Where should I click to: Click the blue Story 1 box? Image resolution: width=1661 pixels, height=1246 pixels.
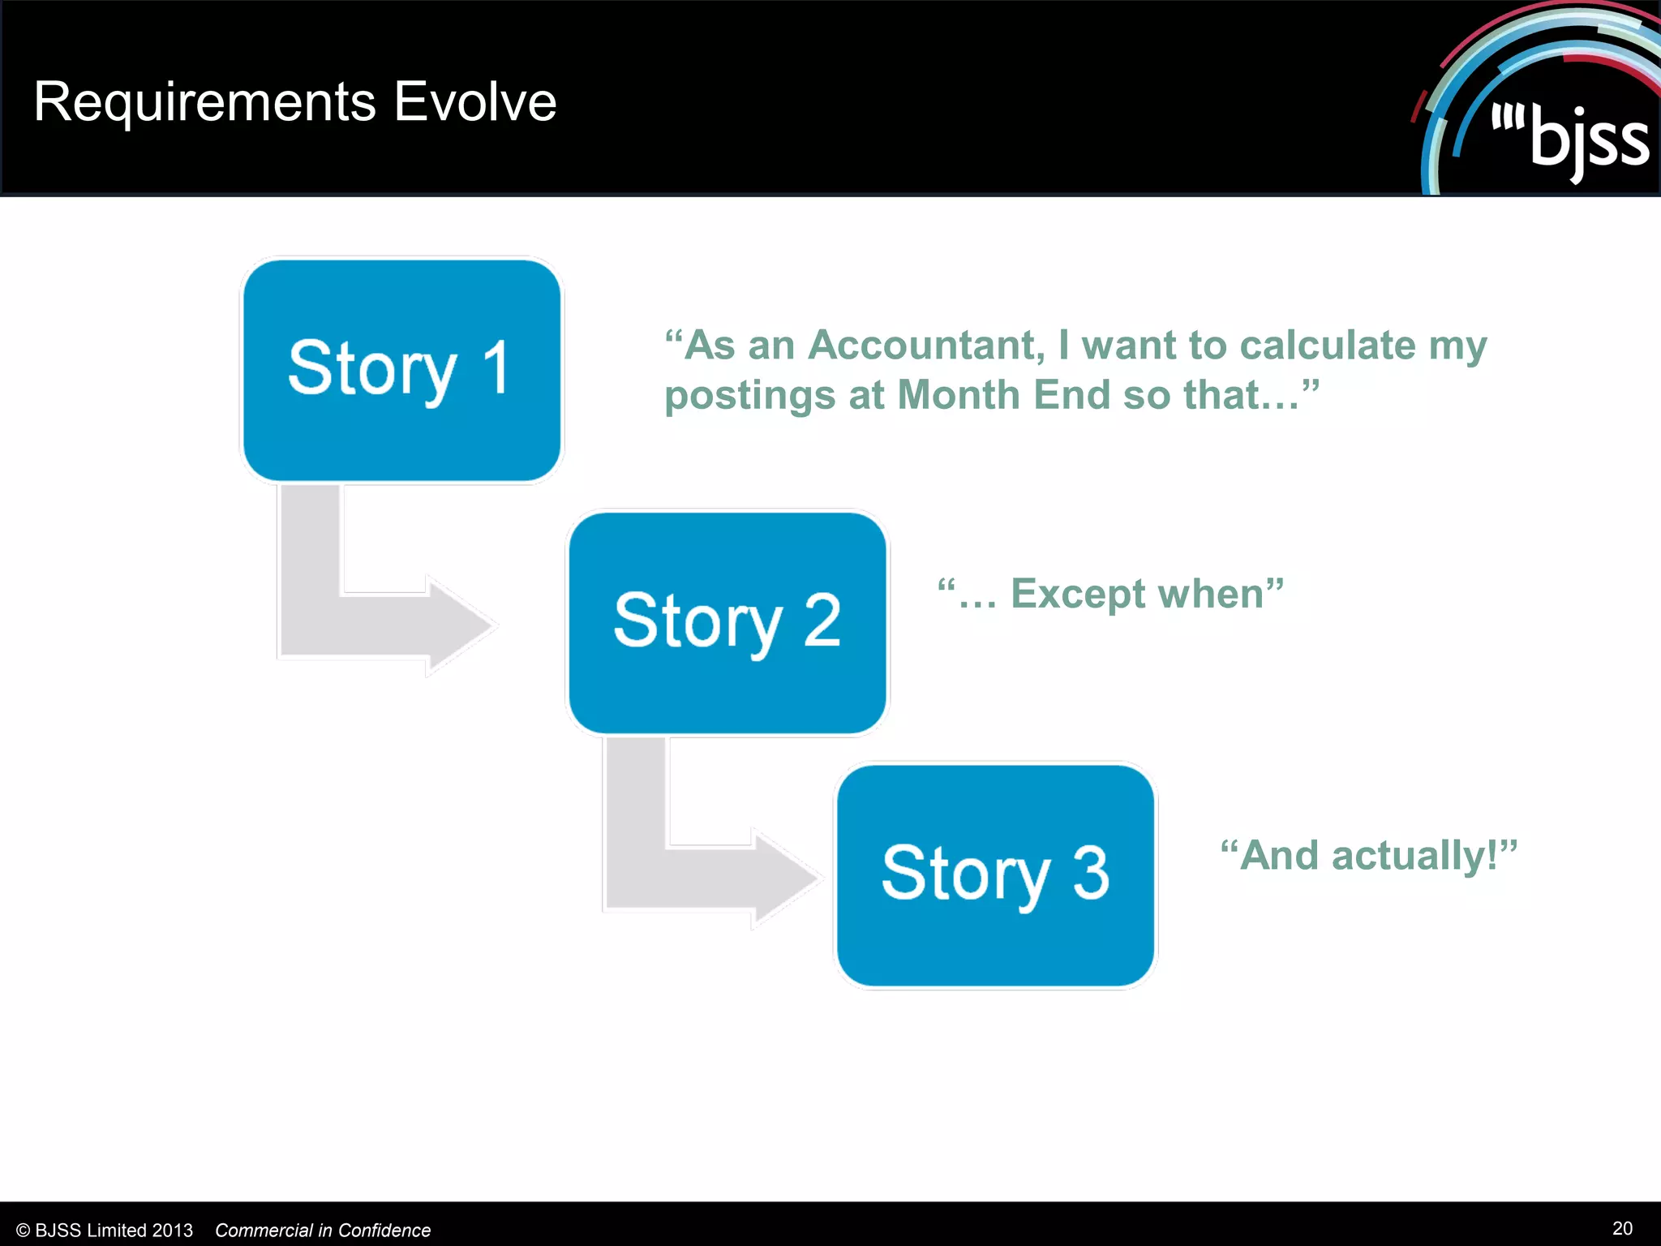click(401, 369)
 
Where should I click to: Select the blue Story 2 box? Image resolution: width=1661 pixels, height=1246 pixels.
click(727, 621)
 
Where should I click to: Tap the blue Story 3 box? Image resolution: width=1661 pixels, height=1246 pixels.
click(995, 874)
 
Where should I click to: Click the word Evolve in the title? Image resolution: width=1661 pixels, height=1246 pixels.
click(475, 102)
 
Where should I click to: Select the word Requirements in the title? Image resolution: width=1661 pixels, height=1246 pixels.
click(204, 102)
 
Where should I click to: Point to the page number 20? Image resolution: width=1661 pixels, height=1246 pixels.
click(1622, 1228)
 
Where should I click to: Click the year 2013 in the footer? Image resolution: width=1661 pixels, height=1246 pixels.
click(172, 1231)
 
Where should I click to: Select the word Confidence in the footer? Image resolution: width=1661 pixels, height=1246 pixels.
click(384, 1231)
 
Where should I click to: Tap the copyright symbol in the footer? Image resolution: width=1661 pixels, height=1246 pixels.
click(23, 1231)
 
